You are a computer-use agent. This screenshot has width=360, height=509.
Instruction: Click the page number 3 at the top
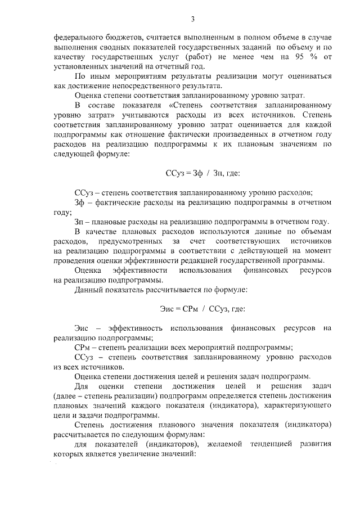[192, 19]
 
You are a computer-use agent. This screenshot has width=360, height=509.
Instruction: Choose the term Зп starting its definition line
[79, 222]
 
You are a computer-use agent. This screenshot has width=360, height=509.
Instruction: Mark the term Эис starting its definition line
[82, 328]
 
